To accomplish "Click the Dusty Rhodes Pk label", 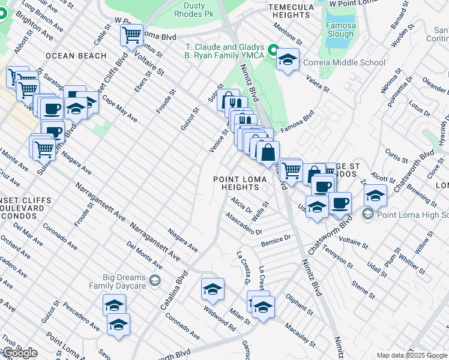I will pyautogui.click(x=193, y=9).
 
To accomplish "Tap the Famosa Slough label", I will pyautogui.click(x=340, y=30).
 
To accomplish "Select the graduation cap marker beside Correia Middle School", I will pyautogui.click(x=288, y=60).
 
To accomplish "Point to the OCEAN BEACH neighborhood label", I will pyautogui.click(x=76, y=56).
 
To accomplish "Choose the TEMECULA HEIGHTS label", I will pyautogui.click(x=300, y=11).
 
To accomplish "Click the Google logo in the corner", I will pyautogui.click(x=19, y=353).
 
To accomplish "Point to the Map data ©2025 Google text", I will pyautogui.click(x=412, y=355).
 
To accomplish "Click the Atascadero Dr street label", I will pyautogui.click(x=244, y=223).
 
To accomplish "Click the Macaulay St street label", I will pyautogui.click(x=300, y=335).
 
